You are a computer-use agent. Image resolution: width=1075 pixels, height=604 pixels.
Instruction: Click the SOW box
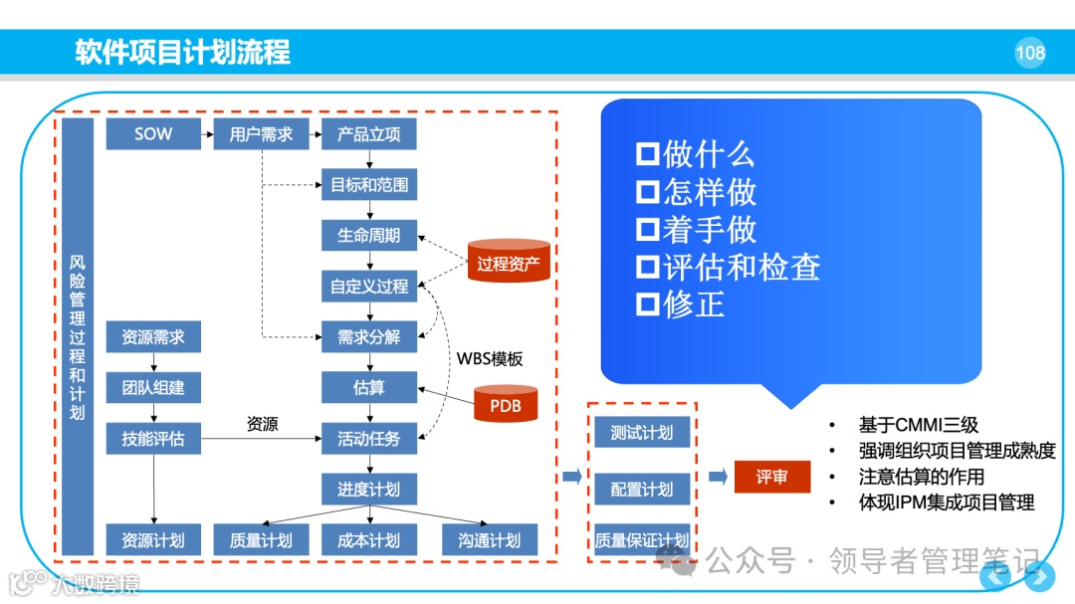(x=153, y=134)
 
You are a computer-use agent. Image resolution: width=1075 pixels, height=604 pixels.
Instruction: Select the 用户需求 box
(x=261, y=134)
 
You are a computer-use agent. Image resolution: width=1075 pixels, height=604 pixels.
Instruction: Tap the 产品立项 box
(x=369, y=134)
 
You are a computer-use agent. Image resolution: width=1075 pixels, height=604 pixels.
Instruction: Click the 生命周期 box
(x=369, y=236)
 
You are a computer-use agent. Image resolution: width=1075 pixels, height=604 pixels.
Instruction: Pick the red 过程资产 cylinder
(x=509, y=263)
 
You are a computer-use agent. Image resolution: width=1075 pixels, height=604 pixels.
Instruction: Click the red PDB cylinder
(x=505, y=405)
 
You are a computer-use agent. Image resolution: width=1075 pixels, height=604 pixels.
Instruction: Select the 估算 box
(x=369, y=387)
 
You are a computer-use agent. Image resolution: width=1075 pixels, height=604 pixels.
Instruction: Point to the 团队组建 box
(x=153, y=387)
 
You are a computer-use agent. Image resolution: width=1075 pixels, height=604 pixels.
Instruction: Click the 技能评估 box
(x=153, y=438)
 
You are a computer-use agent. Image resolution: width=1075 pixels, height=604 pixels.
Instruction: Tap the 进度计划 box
(x=369, y=489)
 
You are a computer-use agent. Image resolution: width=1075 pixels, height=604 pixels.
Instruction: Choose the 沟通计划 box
(x=490, y=540)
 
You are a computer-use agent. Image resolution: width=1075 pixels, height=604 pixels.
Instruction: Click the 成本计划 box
(x=369, y=540)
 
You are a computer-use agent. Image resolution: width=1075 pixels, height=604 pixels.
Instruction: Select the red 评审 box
(x=772, y=478)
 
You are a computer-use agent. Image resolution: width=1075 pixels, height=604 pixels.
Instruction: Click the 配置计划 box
(x=642, y=490)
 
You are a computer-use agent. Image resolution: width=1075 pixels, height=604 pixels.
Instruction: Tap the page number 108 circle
(x=1030, y=53)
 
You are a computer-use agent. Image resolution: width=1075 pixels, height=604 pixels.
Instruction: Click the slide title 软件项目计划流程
(x=183, y=53)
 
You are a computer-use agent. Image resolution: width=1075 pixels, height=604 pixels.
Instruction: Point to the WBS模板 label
(x=490, y=358)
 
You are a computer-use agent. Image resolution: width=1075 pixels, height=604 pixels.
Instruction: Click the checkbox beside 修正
(x=648, y=304)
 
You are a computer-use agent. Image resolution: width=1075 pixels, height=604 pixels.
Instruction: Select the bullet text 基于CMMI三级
(x=918, y=425)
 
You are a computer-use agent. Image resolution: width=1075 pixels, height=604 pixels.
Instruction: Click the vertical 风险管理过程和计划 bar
(x=78, y=336)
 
